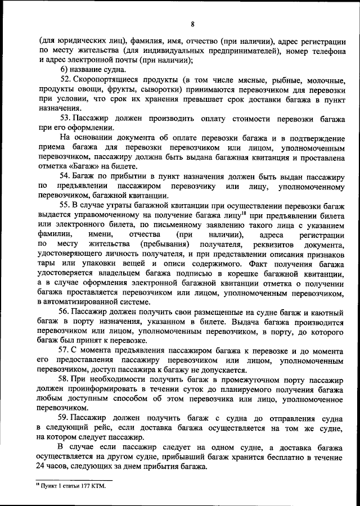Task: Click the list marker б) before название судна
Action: tap(64, 69)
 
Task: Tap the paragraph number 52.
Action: tap(65, 79)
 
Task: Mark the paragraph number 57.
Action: tap(65, 351)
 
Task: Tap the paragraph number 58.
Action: tap(65, 380)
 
